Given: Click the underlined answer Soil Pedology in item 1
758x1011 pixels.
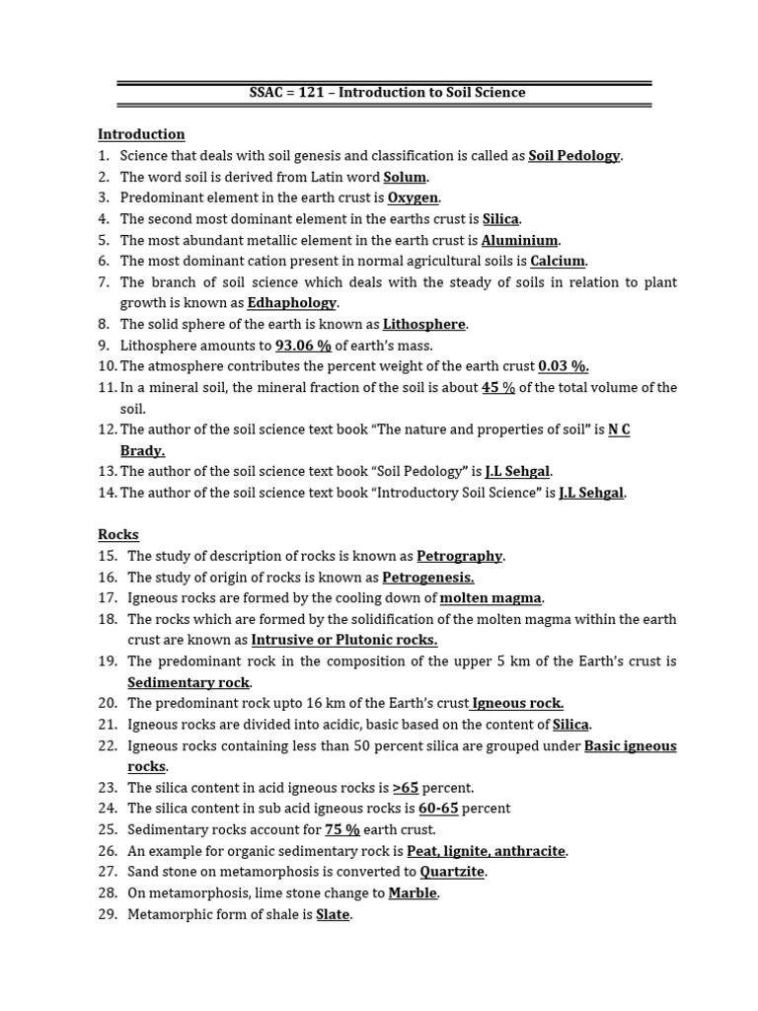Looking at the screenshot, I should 574,156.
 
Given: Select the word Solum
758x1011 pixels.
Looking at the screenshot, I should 405,178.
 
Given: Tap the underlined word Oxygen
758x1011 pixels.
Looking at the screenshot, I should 413,198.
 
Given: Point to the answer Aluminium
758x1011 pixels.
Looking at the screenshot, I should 520,241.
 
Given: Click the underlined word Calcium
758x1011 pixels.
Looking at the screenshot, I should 558,262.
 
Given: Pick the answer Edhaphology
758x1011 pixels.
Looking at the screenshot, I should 292,303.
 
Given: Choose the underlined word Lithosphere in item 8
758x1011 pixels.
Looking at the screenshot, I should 423,325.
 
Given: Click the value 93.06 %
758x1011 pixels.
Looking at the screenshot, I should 303,346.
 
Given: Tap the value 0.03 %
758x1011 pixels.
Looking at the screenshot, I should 563,366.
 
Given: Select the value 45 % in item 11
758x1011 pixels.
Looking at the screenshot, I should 498,388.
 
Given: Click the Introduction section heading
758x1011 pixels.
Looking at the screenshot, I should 141,134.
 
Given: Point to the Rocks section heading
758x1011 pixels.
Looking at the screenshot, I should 118,535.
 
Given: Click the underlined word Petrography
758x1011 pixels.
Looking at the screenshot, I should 459,556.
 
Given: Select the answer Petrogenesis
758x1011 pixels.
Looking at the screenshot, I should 428,578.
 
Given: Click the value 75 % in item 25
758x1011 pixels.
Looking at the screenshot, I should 342,830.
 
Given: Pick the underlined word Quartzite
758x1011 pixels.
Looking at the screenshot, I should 453,872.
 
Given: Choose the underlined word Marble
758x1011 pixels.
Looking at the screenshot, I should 413,894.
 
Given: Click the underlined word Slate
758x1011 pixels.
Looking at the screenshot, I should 333,915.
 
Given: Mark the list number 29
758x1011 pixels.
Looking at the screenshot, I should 107,915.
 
